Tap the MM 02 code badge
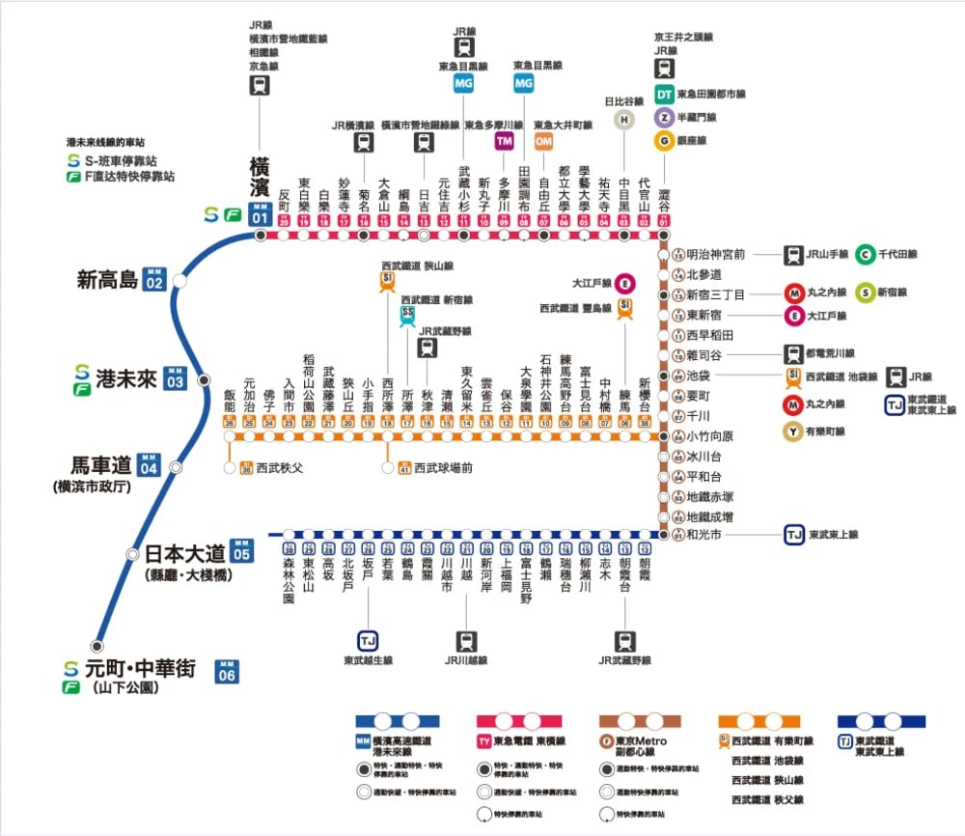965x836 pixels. [153, 281]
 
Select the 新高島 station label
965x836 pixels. [107, 281]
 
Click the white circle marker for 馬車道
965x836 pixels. [176, 466]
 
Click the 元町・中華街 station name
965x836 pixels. [141, 668]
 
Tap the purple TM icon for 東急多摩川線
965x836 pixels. [504, 141]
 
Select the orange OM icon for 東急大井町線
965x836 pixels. [543, 141]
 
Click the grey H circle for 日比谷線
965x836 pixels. [624, 119]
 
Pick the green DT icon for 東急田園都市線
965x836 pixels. [664, 95]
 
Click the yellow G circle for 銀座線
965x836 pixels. [664, 141]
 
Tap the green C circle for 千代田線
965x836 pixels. [866, 255]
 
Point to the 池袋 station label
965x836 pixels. [698, 375]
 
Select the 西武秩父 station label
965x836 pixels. [279, 468]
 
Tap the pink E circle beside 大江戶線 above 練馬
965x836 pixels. [625, 284]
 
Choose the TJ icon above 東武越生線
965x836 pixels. [367, 640]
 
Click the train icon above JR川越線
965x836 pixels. [466, 640]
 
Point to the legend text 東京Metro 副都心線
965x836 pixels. [642, 746]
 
